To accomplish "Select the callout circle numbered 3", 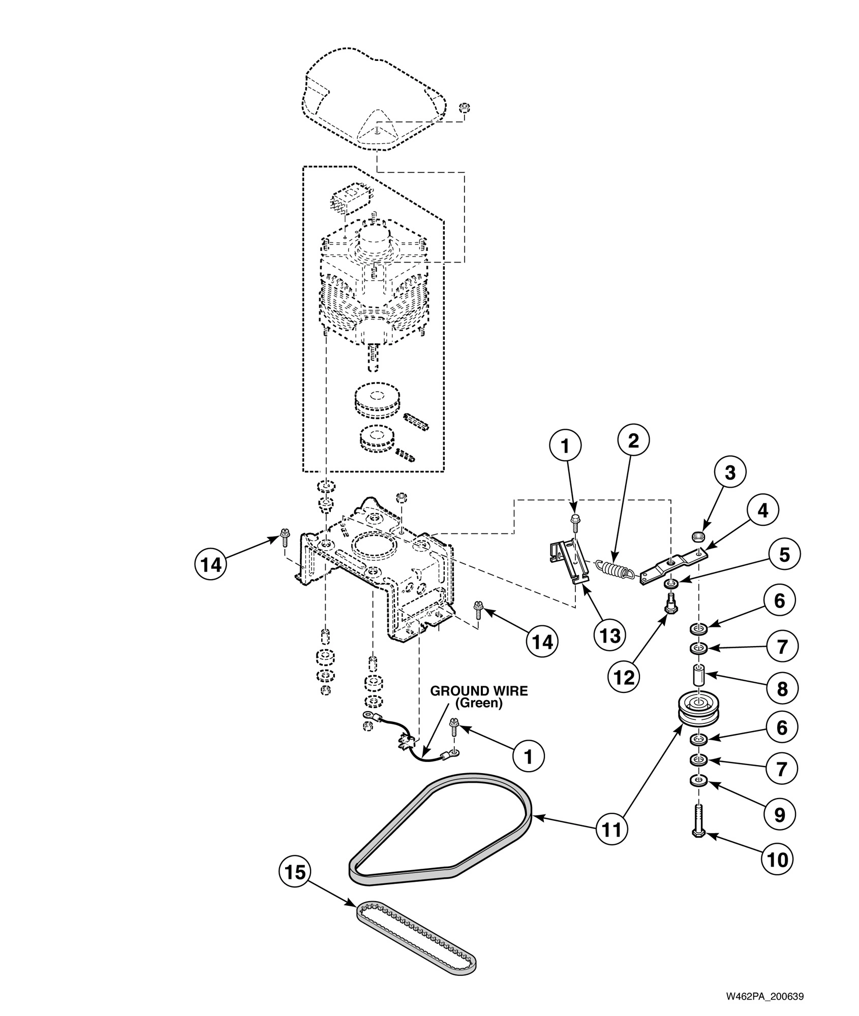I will coord(730,472).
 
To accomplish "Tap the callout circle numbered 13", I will coord(610,634).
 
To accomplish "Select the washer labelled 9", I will coord(698,780).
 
